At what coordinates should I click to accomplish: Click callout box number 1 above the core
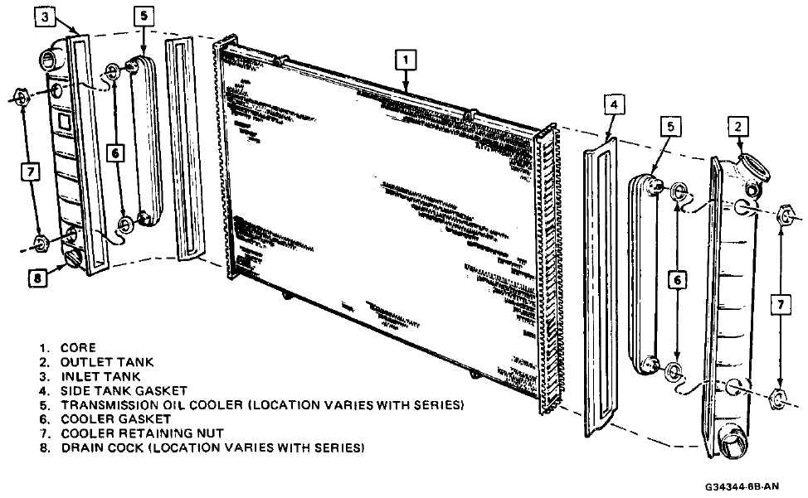404,60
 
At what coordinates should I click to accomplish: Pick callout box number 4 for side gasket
611,106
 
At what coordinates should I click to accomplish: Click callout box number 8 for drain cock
38,278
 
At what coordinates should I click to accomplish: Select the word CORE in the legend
78,348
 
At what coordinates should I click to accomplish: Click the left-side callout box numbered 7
30,172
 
